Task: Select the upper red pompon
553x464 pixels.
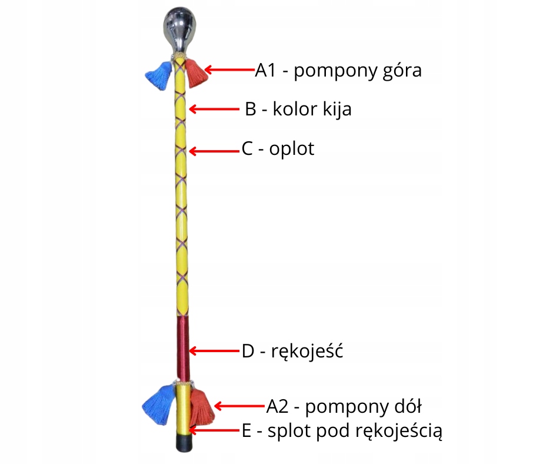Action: coord(196,72)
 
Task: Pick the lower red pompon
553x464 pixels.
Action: coord(202,407)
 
